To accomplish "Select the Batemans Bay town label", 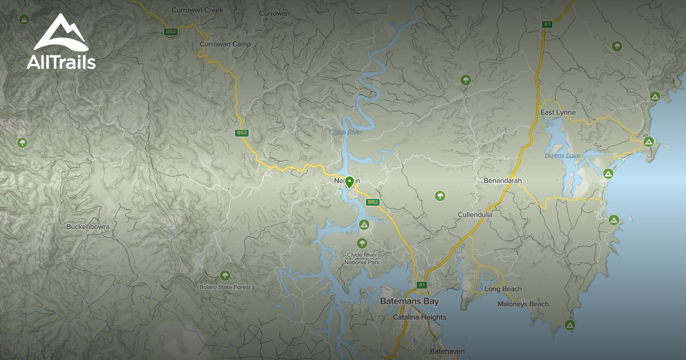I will pyautogui.click(x=409, y=301).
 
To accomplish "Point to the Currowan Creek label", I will pyautogui.click(x=197, y=10).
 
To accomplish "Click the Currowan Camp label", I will pyautogui.click(x=225, y=44).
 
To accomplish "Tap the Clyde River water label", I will pyautogui.click(x=346, y=133).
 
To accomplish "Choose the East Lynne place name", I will pyautogui.click(x=558, y=113).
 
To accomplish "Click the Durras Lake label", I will pyautogui.click(x=562, y=155).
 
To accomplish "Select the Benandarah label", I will pyautogui.click(x=503, y=181).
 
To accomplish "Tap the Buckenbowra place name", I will pyautogui.click(x=88, y=227).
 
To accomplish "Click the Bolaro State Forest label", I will pyautogui.click(x=225, y=287).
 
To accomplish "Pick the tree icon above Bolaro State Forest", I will pyautogui.click(x=225, y=275).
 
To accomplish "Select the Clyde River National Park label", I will pyautogui.click(x=362, y=258).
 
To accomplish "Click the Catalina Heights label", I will pyautogui.click(x=420, y=317).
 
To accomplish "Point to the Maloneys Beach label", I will pyautogui.click(x=523, y=304).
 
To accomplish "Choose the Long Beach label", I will pyautogui.click(x=503, y=289).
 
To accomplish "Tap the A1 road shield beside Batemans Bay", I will pyautogui.click(x=421, y=285).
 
